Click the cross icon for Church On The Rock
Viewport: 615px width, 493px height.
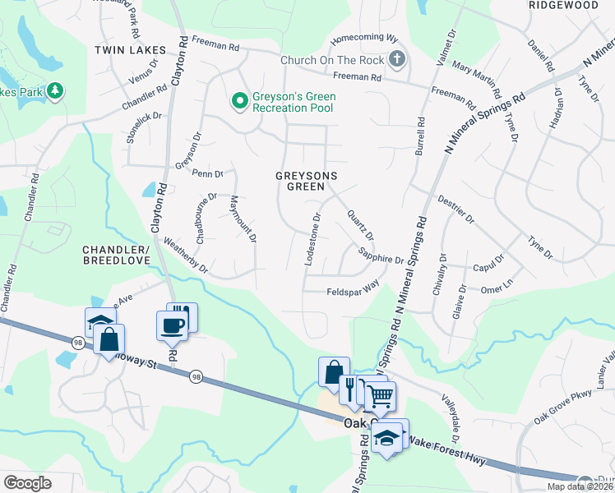tap(397, 59)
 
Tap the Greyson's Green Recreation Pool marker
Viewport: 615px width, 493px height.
tap(239, 102)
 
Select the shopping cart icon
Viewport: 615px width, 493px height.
tap(379, 397)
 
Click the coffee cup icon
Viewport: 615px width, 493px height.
tap(172, 325)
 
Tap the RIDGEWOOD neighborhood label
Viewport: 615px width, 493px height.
tap(563, 5)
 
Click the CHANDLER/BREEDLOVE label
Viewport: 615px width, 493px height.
tap(116, 254)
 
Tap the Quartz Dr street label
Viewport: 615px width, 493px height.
tap(360, 223)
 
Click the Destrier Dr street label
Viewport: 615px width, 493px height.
tap(456, 209)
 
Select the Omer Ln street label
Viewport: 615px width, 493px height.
tap(497, 288)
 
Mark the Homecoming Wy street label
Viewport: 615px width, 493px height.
tap(363, 39)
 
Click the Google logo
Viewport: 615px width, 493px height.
tap(27, 482)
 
